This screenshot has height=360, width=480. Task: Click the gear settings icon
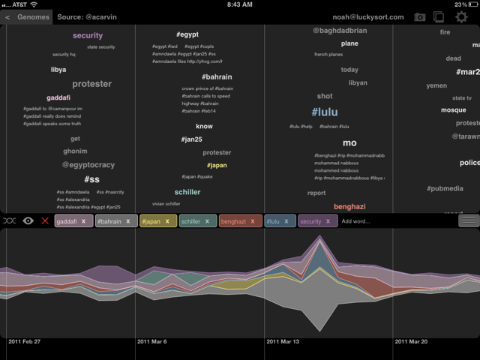[461, 16]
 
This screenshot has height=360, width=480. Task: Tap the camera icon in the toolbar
[420, 16]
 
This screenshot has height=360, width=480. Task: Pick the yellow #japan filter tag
[154, 221]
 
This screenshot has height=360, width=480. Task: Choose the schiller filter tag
[194, 221]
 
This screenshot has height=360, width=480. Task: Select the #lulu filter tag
[275, 221]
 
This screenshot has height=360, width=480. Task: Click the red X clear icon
[46, 221]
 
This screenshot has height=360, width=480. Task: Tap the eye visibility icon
[28, 221]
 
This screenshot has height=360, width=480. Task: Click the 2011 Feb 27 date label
[25, 341]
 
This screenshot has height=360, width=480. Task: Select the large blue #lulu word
[325, 112]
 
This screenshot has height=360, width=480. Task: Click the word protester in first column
[91, 84]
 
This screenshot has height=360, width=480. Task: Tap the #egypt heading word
[187, 34]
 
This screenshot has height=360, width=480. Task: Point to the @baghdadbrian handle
[340, 31]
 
